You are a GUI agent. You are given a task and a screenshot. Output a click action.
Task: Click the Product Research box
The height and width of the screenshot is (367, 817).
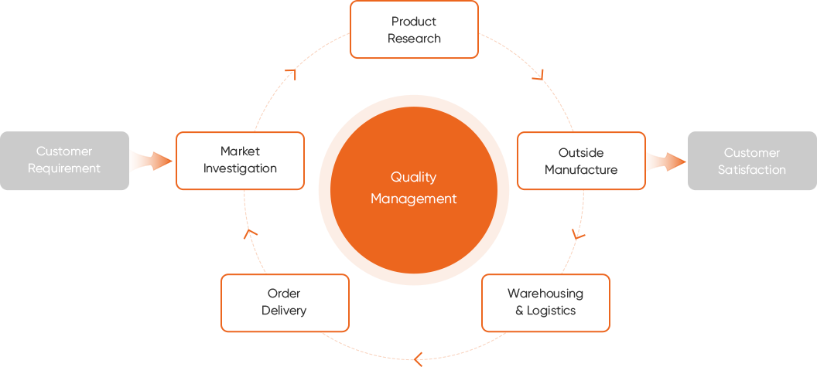coord(414,29)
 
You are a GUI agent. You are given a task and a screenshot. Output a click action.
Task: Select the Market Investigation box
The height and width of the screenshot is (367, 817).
coord(240,160)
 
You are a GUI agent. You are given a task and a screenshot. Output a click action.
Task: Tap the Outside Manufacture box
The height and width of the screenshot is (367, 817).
coord(581,161)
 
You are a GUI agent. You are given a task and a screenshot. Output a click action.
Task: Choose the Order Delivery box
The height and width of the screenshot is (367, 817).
coord(284,302)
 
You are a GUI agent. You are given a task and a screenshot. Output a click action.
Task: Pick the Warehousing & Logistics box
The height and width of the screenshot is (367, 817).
coord(545,302)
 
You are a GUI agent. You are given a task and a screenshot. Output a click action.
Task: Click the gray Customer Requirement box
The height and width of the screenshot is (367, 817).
coord(64,160)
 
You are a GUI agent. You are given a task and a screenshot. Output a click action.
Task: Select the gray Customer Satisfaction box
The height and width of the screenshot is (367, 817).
coord(751,161)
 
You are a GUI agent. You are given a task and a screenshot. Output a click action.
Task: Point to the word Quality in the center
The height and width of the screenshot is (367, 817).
coord(413,178)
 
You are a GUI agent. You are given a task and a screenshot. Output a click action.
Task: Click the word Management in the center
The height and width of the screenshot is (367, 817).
coord(413,199)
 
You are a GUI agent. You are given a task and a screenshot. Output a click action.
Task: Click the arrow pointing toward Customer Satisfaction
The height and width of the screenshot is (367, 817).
coord(665,162)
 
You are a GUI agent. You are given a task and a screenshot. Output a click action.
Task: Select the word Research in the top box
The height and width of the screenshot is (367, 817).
coord(414,39)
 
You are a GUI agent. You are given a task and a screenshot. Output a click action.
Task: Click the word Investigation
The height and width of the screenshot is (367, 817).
coord(240,168)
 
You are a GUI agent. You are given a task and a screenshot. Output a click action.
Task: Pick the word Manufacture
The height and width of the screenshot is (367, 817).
coord(581,170)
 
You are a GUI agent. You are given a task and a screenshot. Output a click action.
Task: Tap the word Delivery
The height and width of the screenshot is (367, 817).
coord(284,311)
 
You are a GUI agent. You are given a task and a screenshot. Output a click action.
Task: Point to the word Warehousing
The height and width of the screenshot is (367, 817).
coord(545,294)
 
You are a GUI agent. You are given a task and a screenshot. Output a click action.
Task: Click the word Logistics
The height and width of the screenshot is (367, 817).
coord(552,311)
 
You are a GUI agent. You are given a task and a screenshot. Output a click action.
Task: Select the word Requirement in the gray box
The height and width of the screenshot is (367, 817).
coord(64,168)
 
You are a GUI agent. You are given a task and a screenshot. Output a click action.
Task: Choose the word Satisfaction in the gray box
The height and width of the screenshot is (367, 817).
coord(751,170)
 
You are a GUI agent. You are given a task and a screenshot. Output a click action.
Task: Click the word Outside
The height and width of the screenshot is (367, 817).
coord(581,153)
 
